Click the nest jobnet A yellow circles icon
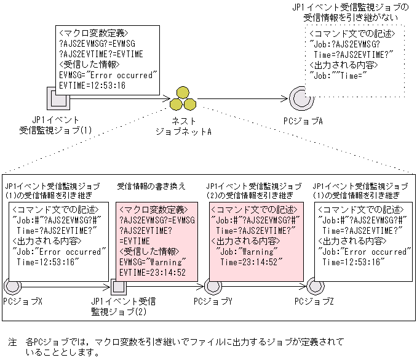click(x=183, y=98)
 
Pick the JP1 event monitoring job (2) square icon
click(x=119, y=286)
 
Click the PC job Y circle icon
click(x=213, y=286)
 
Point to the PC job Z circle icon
click(x=315, y=286)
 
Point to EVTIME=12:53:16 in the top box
click(x=92, y=85)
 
